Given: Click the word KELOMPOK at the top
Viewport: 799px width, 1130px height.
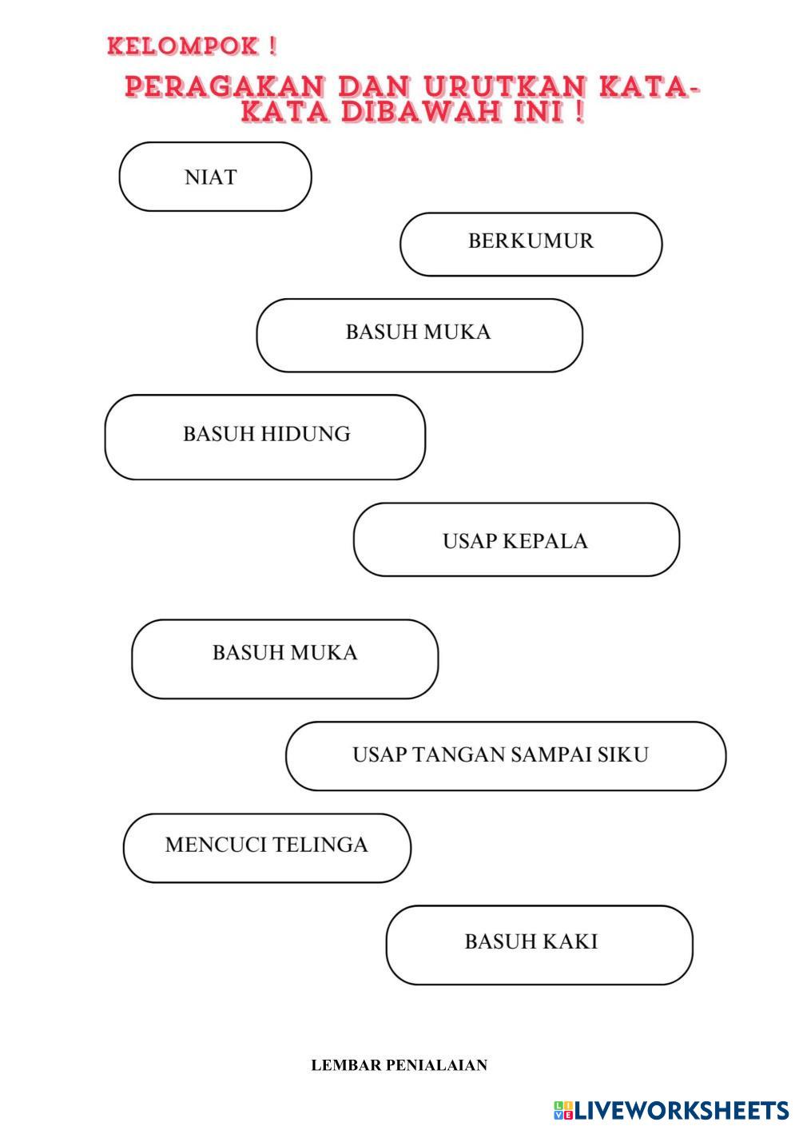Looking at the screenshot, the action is (183, 46).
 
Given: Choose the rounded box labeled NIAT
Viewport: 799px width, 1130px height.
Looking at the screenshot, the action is (215, 177).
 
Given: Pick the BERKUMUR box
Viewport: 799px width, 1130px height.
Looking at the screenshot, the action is (531, 243).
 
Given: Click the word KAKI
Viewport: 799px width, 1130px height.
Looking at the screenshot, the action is (572, 941).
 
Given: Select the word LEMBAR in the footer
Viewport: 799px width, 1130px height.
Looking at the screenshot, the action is (345, 1065).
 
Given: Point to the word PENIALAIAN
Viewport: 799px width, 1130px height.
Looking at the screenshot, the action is (436, 1065).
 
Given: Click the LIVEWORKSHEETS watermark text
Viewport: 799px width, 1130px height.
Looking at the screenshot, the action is (682, 1110).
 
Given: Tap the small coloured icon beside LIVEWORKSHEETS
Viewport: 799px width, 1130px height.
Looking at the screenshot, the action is (563, 1110).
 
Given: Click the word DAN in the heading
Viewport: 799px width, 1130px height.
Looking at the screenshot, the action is (374, 86).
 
